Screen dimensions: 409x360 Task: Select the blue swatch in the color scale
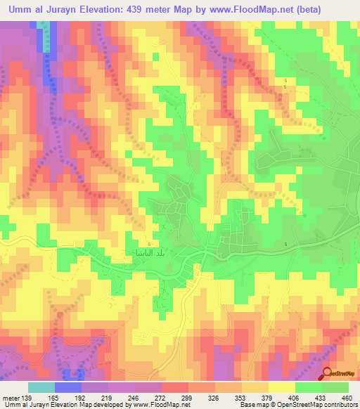(x=68, y=388)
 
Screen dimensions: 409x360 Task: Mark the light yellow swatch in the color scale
(x=281, y=388)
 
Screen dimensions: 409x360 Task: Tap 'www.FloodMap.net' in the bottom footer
(x=148, y=405)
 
